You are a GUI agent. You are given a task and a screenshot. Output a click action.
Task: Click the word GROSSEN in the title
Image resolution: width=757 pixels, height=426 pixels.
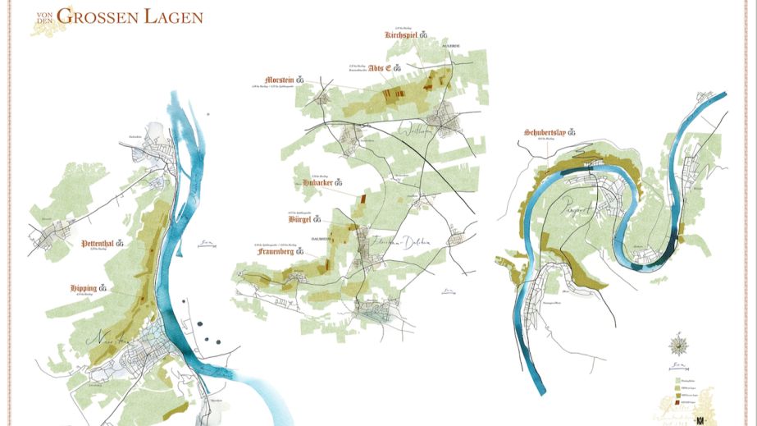(109, 16)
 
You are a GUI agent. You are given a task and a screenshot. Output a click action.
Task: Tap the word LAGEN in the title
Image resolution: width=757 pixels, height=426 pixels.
(175, 16)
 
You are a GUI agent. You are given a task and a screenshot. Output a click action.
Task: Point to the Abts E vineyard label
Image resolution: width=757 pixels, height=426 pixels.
(379, 67)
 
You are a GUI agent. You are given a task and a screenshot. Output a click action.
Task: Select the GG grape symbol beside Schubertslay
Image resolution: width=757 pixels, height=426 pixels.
(585, 134)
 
